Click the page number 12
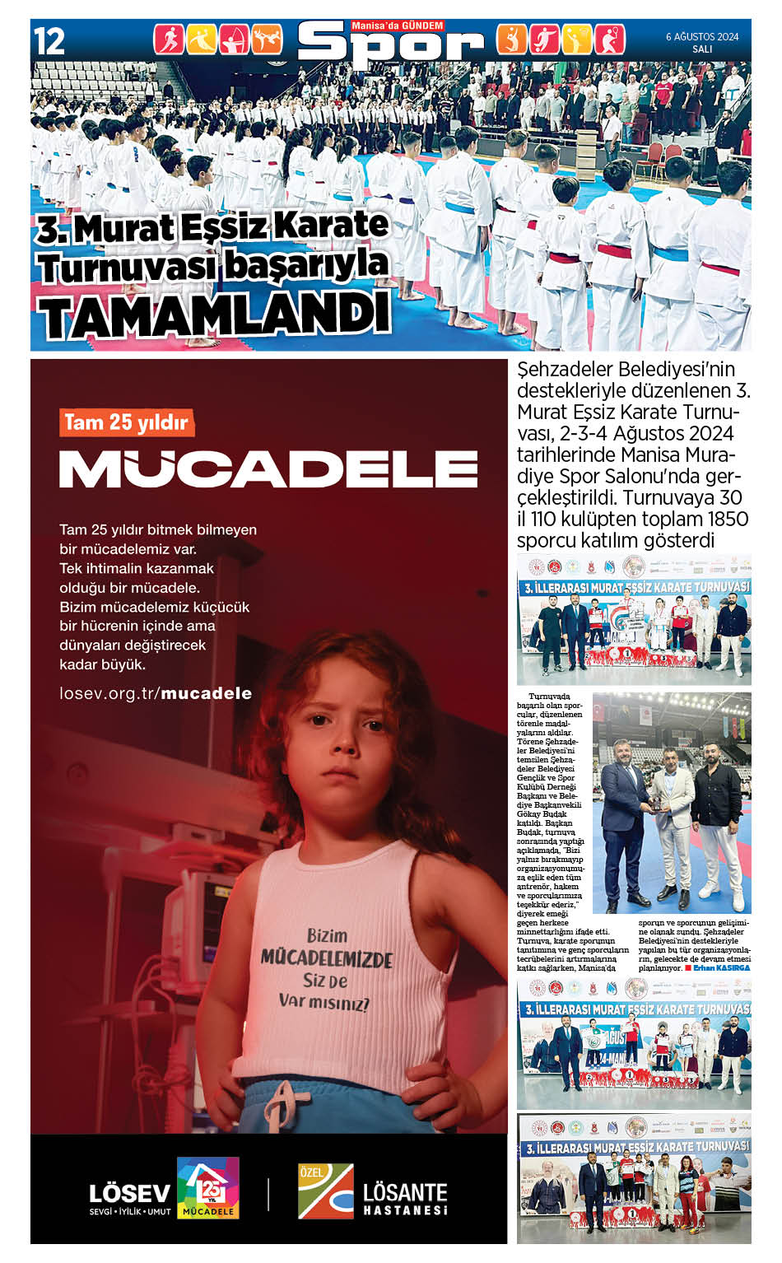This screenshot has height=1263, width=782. [49, 41]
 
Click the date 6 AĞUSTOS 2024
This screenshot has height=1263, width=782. [702, 36]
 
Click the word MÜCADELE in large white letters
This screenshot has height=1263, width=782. [268, 468]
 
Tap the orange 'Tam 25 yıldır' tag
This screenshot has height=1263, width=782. [127, 422]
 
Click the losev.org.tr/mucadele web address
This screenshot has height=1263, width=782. [156, 693]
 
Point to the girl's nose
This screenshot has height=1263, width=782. [335, 748]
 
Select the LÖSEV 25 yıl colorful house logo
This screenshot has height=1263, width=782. [208, 1187]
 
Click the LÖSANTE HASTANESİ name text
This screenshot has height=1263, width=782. [405, 1197]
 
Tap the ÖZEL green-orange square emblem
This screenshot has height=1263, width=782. [326, 1191]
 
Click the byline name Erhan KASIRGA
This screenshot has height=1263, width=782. [722, 968]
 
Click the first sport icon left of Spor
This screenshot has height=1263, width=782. [168, 40]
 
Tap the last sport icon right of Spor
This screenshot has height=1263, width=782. [609, 40]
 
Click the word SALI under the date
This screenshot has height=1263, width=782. [702, 49]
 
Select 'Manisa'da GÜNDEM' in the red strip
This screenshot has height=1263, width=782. [398, 26]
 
